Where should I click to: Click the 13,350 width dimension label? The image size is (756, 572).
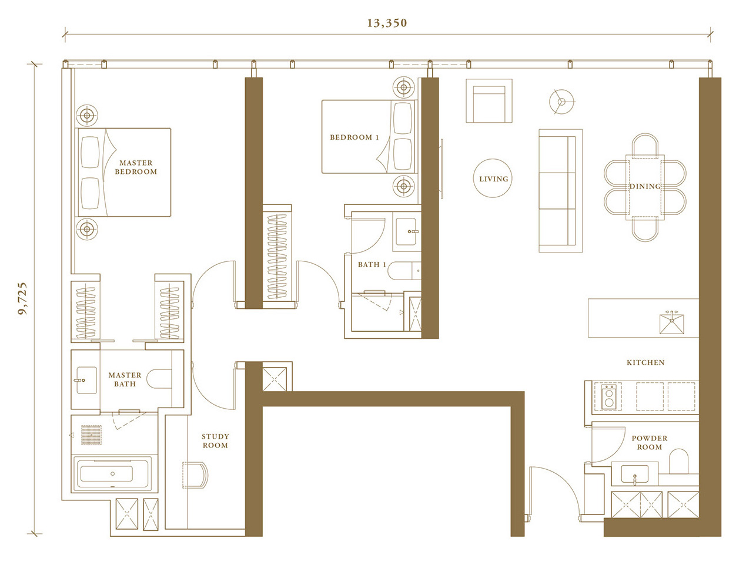386,23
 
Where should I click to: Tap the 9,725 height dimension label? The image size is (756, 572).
23,298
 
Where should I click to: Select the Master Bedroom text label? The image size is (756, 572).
136,167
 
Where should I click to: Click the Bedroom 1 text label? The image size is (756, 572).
354,137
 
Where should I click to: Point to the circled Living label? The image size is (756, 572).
493,179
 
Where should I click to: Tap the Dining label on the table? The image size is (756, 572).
645,186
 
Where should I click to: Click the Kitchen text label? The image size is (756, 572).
645,362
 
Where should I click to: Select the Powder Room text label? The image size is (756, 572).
649,443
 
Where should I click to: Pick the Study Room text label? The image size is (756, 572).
215,441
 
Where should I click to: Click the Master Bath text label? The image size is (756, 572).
125,379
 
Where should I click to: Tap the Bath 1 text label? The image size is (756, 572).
372,264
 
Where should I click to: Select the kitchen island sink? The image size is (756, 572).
671,322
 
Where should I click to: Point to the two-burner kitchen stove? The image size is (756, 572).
608,397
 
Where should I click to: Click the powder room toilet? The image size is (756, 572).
678,461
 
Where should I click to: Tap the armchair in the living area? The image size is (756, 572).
489,100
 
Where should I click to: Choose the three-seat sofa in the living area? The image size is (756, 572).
560,190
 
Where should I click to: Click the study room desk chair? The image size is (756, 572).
195,475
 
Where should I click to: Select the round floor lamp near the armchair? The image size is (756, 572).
561,102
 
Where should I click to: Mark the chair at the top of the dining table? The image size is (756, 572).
645,144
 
